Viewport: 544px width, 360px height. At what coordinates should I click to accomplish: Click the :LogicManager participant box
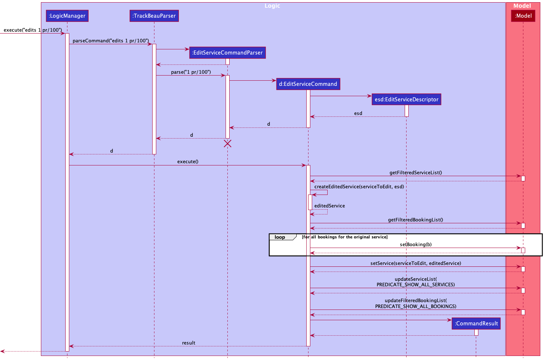[x=67, y=16]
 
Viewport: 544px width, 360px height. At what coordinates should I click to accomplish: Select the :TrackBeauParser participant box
[x=154, y=16]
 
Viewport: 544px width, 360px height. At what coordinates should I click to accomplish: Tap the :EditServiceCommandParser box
[x=227, y=53]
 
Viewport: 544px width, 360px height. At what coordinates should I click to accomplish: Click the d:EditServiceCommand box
[x=308, y=84]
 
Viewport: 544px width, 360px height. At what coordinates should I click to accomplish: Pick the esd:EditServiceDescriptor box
[x=407, y=99]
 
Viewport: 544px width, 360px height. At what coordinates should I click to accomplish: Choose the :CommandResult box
[x=476, y=324]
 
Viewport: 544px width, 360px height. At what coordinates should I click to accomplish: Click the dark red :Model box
[x=523, y=16]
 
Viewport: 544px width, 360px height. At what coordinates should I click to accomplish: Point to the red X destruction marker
[x=228, y=144]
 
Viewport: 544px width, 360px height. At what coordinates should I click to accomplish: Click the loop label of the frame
[x=280, y=237]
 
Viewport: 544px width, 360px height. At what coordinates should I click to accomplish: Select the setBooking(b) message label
[x=416, y=244]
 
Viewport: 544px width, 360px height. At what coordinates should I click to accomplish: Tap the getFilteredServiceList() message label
[x=416, y=172]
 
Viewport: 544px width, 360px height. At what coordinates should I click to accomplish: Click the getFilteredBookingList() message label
[x=416, y=220]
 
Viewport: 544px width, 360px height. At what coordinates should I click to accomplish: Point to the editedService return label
[x=329, y=206]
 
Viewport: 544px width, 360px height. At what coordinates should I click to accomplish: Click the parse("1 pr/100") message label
[x=191, y=72]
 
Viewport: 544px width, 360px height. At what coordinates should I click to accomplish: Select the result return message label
[x=189, y=343]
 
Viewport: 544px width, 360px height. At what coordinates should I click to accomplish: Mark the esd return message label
[x=358, y=113]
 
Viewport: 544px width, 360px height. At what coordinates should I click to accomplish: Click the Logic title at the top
[x=272, y=6]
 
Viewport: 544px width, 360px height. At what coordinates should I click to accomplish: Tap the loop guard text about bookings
[x=345, y=237]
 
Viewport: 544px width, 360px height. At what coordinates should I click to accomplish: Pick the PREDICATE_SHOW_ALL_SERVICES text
[x=416, y=285]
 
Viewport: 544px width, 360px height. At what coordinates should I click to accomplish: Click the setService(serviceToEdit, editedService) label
[x=416, y=263]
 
